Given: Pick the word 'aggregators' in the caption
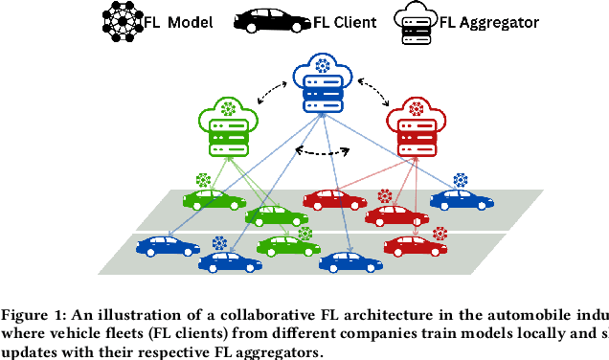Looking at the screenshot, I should pyautogui.click(x=281, y=351).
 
